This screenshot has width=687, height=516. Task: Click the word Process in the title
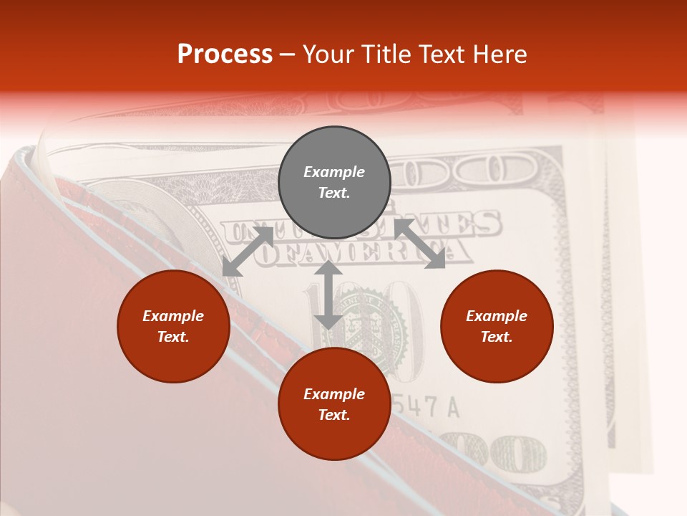tap(225, 54)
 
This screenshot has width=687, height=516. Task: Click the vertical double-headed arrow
tap(328, 295)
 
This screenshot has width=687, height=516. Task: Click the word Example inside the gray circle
tap(334, 172)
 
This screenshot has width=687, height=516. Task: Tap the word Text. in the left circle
tap(173, 337)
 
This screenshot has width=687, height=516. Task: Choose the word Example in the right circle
tap(496, 316)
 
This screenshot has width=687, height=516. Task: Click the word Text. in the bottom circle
tap(334, 415)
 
